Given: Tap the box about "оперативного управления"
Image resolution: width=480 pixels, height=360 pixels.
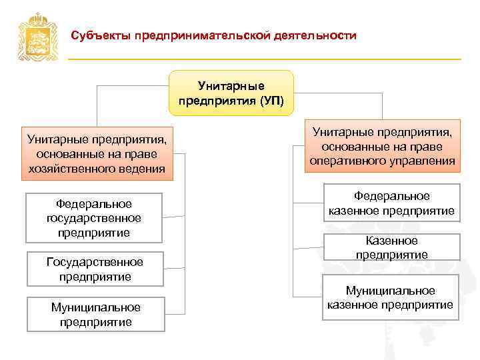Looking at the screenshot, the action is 382,148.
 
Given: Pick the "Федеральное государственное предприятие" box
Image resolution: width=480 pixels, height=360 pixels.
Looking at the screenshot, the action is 94,218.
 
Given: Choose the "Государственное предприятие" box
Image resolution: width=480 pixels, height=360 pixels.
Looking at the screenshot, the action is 94,269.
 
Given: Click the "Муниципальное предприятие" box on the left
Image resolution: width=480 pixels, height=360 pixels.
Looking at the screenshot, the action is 95,314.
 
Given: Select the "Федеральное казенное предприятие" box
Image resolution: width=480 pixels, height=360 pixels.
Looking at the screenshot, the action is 391,203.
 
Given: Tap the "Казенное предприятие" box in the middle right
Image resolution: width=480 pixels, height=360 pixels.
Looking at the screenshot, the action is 391,247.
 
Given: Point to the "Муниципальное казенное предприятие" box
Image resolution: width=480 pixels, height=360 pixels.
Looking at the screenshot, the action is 390,297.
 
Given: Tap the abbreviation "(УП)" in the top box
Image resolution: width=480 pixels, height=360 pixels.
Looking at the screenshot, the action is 271,101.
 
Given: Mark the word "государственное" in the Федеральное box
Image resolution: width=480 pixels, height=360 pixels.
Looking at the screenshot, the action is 94,218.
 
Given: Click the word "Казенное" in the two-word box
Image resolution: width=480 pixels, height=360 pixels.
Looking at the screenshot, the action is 391,241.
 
